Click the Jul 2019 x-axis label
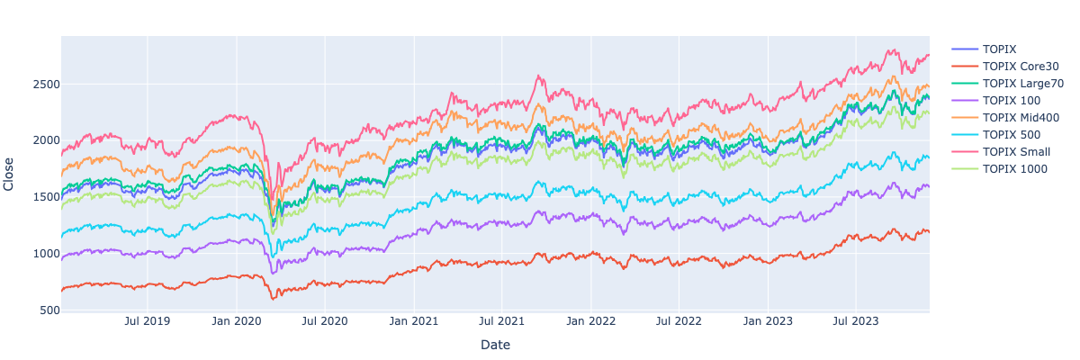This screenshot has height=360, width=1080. (x=147, y=320)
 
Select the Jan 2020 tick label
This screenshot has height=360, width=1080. (x=236, y=320)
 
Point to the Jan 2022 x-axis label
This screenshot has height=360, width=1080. (x=591, y=320)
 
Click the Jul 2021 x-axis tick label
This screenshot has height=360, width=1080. (x=502, y=320)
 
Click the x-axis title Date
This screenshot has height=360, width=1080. (x=495, y=345)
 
